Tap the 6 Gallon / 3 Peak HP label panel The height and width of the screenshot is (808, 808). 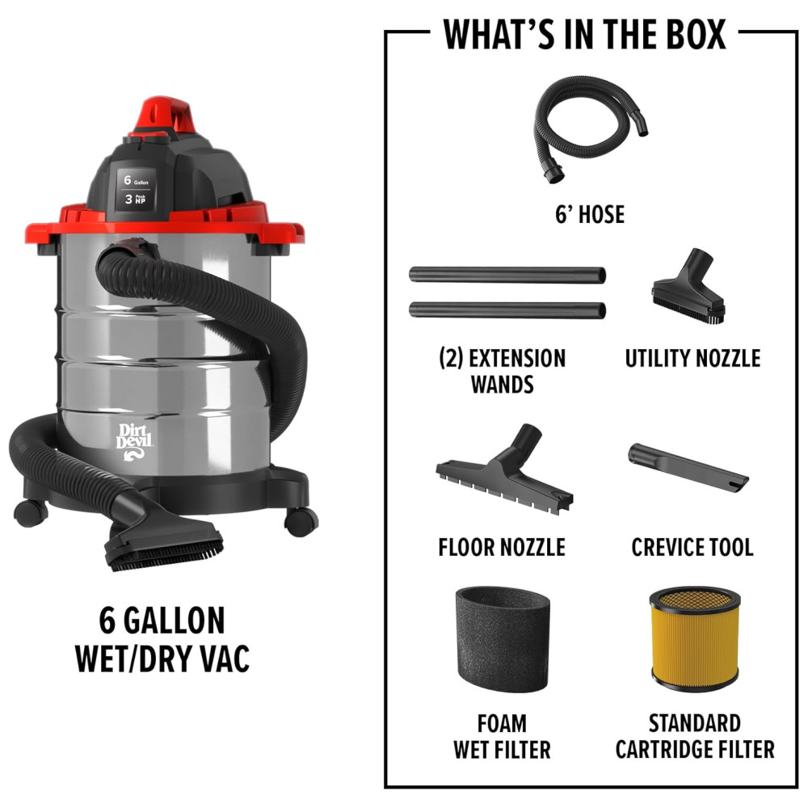click(136, 189)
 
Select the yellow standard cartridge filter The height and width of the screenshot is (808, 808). click(695, 639)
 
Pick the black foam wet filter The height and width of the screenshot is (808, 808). click(503, 639)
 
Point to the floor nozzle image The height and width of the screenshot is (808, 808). click(505, 469)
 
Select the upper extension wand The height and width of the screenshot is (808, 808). click(507, 274)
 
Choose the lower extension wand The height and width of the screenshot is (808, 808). click(507, 310)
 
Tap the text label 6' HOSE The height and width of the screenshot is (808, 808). click(590, 214)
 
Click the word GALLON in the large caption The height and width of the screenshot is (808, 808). click(175, 621)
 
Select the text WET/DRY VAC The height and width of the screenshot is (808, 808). click(162, 659)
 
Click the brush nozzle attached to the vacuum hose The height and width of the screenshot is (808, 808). click(164, 545)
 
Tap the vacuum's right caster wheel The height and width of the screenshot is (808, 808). click(301, 521)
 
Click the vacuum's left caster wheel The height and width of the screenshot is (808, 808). click(31, 513)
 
